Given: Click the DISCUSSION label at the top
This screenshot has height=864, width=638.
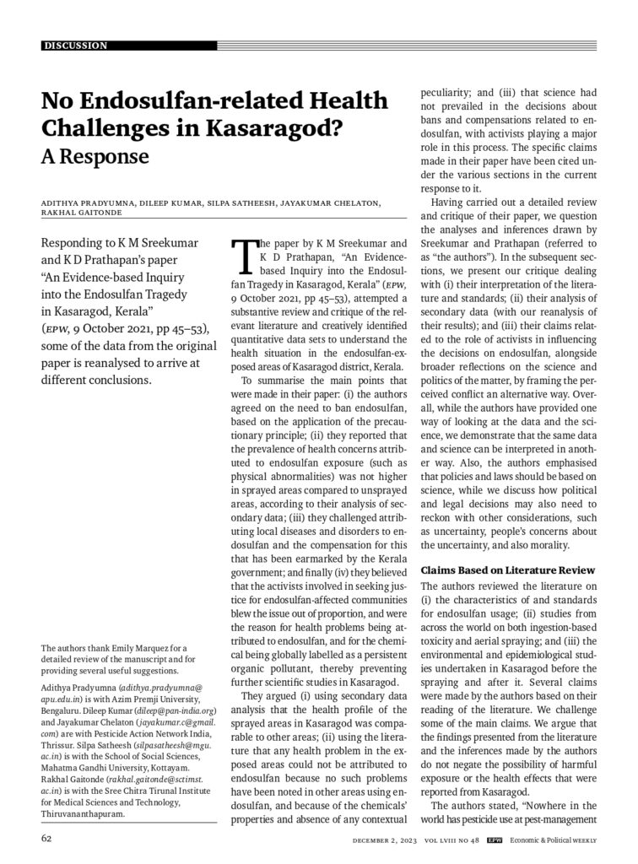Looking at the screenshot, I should coord(77,46).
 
